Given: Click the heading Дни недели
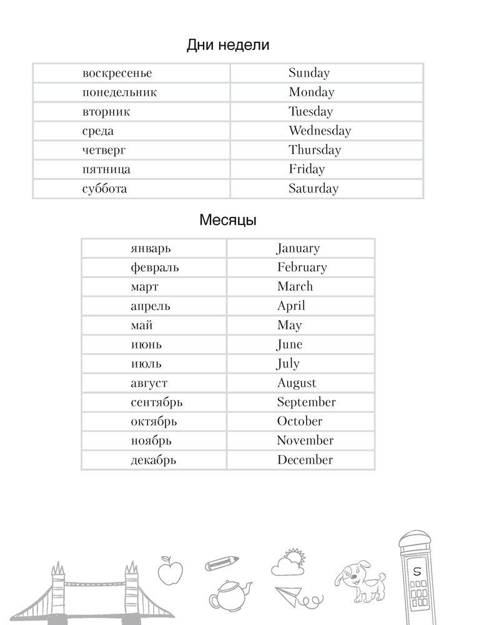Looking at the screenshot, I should (228, 46).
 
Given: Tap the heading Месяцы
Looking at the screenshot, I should (228, 221).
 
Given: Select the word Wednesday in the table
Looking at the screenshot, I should (319, 131).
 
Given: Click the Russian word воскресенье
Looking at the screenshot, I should (117, 73).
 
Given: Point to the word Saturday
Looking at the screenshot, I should (313, 188).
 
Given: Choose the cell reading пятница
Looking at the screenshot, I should (106, 169).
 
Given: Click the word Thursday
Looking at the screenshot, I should (314, 150).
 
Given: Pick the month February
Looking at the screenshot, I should (302, 267).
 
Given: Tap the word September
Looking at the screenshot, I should (306, 402).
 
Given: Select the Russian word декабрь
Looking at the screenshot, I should (154, 460).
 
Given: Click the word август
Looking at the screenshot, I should (149, 383).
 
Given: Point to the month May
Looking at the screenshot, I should (289, 325).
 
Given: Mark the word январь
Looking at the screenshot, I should (151, 248).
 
